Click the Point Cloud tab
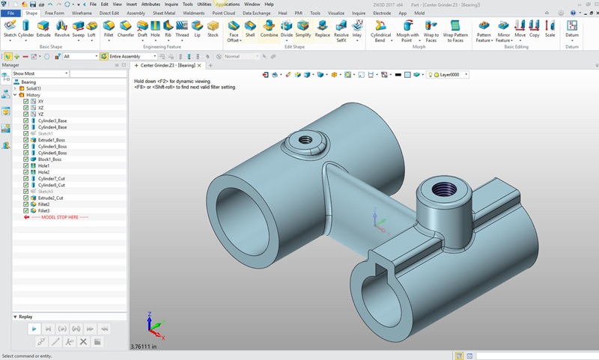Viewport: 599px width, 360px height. point(224,13)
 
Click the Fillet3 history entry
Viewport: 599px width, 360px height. point(44,211)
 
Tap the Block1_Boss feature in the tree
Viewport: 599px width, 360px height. point(49,159)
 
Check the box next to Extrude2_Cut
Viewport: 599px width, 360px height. point(26,198)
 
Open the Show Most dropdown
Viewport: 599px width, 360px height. point(40,73)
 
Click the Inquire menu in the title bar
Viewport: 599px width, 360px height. point(171,4)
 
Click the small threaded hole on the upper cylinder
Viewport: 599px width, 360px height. point(305,139)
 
